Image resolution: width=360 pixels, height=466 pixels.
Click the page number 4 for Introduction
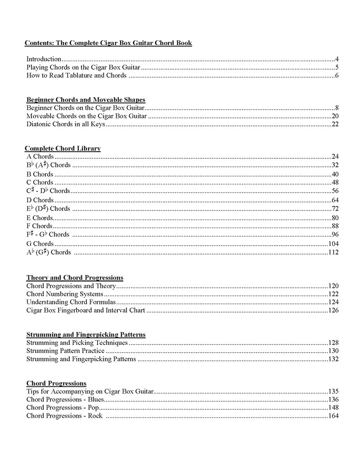point(337,59)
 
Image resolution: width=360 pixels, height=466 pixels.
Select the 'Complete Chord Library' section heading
point(63,148)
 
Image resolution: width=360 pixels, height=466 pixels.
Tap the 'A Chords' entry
point(40,157)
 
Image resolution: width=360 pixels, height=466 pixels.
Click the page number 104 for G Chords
point(333,244)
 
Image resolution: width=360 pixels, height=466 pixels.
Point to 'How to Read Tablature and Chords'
point(76,75)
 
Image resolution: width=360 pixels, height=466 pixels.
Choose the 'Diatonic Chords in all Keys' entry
point(66,125)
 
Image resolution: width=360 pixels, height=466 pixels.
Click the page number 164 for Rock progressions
point(333,416)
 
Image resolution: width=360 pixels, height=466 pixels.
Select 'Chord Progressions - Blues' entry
point(65,399)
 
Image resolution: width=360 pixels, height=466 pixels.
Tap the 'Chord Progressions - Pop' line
point(63,408)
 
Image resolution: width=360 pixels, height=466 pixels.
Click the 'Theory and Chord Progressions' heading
point(75,278)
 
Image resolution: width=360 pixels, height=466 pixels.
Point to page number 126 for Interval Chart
point(333,310)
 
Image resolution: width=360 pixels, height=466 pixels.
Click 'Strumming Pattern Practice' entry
point(65,351)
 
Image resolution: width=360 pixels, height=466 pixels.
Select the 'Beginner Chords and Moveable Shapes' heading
point(85,100)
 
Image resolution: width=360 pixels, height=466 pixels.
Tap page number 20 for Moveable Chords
point(335,116)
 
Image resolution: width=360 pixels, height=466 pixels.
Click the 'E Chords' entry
point(40,218)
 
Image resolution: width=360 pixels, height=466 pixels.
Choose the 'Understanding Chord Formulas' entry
point(71,302)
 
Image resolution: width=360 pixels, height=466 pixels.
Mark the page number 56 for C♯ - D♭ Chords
point(335,191)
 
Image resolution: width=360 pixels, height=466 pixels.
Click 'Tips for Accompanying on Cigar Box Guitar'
point(90,391)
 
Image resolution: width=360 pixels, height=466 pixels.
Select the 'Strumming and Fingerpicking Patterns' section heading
point(85,335)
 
